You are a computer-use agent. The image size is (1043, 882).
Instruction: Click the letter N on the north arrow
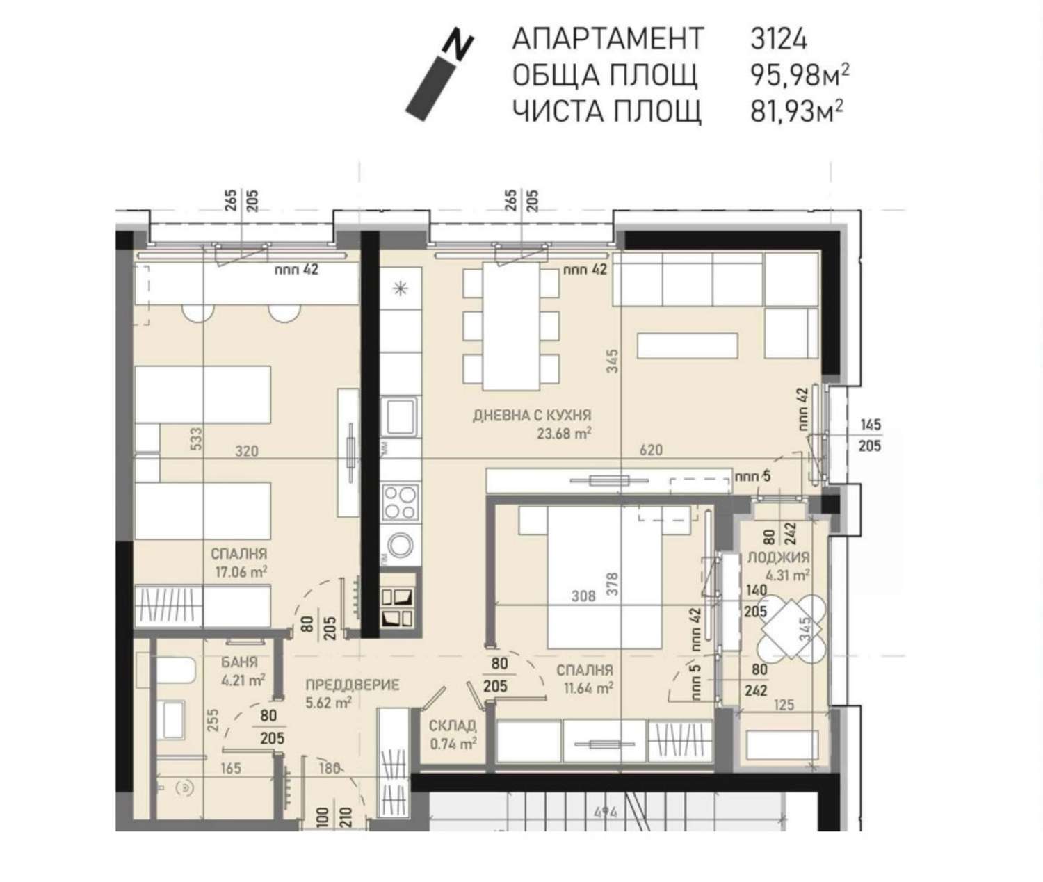tap(458, 47)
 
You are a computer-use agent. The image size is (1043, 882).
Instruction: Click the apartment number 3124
tap(779, 39)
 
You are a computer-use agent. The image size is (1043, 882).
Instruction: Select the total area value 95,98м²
tap(800, 75)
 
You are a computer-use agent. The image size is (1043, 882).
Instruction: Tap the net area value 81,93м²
tap(797, 111)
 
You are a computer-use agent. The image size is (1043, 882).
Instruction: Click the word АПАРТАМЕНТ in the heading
tap(608, 39)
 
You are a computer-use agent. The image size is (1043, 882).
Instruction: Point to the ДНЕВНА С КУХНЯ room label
tap(532, 416)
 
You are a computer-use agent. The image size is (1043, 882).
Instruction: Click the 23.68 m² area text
tap(564, 434)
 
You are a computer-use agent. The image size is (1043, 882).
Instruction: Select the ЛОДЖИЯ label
tap(778, 557)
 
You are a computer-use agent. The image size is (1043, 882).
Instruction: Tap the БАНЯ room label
tap(239, 662)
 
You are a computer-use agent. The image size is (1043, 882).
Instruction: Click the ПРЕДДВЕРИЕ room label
tap(353, 685)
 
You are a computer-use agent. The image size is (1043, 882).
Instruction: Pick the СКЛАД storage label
tap(452, 726)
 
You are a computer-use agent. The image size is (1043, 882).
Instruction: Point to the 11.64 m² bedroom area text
tap(585, 687)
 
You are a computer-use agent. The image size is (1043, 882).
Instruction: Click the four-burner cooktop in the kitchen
tap(401, 503)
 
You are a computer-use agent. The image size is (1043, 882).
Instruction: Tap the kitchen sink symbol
tap(400, 416)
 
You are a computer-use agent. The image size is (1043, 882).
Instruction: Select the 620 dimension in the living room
tap(651, 450)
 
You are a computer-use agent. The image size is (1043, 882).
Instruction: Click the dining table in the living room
tap(511, 326)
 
